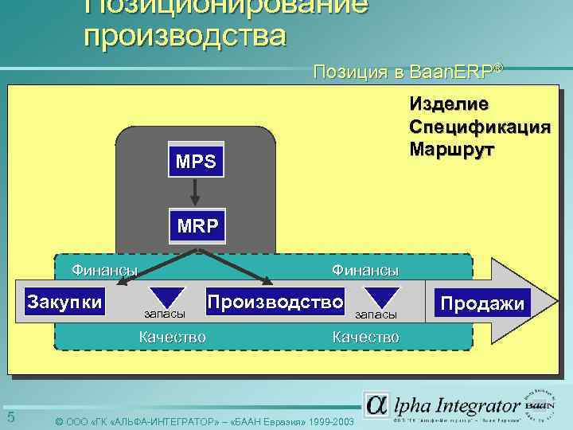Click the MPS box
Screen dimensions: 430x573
click(x=197, y=162)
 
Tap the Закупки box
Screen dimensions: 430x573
click(x=64, y=302)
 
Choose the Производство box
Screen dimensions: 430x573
click(x=275, y=302)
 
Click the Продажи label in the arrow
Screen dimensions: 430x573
click(x=482, y=303)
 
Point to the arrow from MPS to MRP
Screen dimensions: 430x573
click(x=197, y=192)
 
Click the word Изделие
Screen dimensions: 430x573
click(x=450, y=104)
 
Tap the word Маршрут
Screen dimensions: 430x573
click(x=451, y=150)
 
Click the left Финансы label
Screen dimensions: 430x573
click(x=104, y=270)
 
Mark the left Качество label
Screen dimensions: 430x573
click(x=172, y=337)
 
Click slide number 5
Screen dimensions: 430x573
click(x=11, y=417)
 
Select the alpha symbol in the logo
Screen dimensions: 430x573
click(x=377, y=405)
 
